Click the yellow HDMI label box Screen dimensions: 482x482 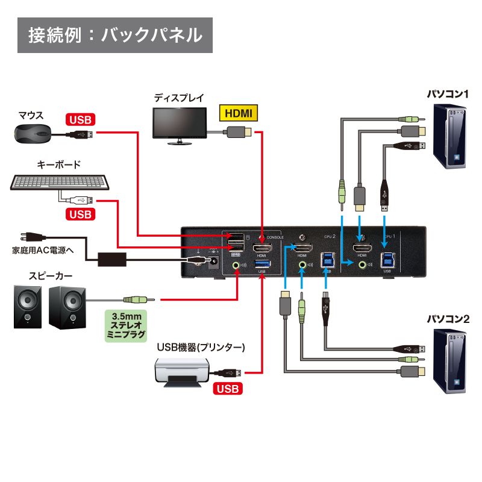point(237,113)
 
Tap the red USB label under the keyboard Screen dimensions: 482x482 point(80,214)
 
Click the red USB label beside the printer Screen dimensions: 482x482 point(227,389)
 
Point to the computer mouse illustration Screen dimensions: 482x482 point(33,133)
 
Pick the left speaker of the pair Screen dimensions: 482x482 point(28,307)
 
